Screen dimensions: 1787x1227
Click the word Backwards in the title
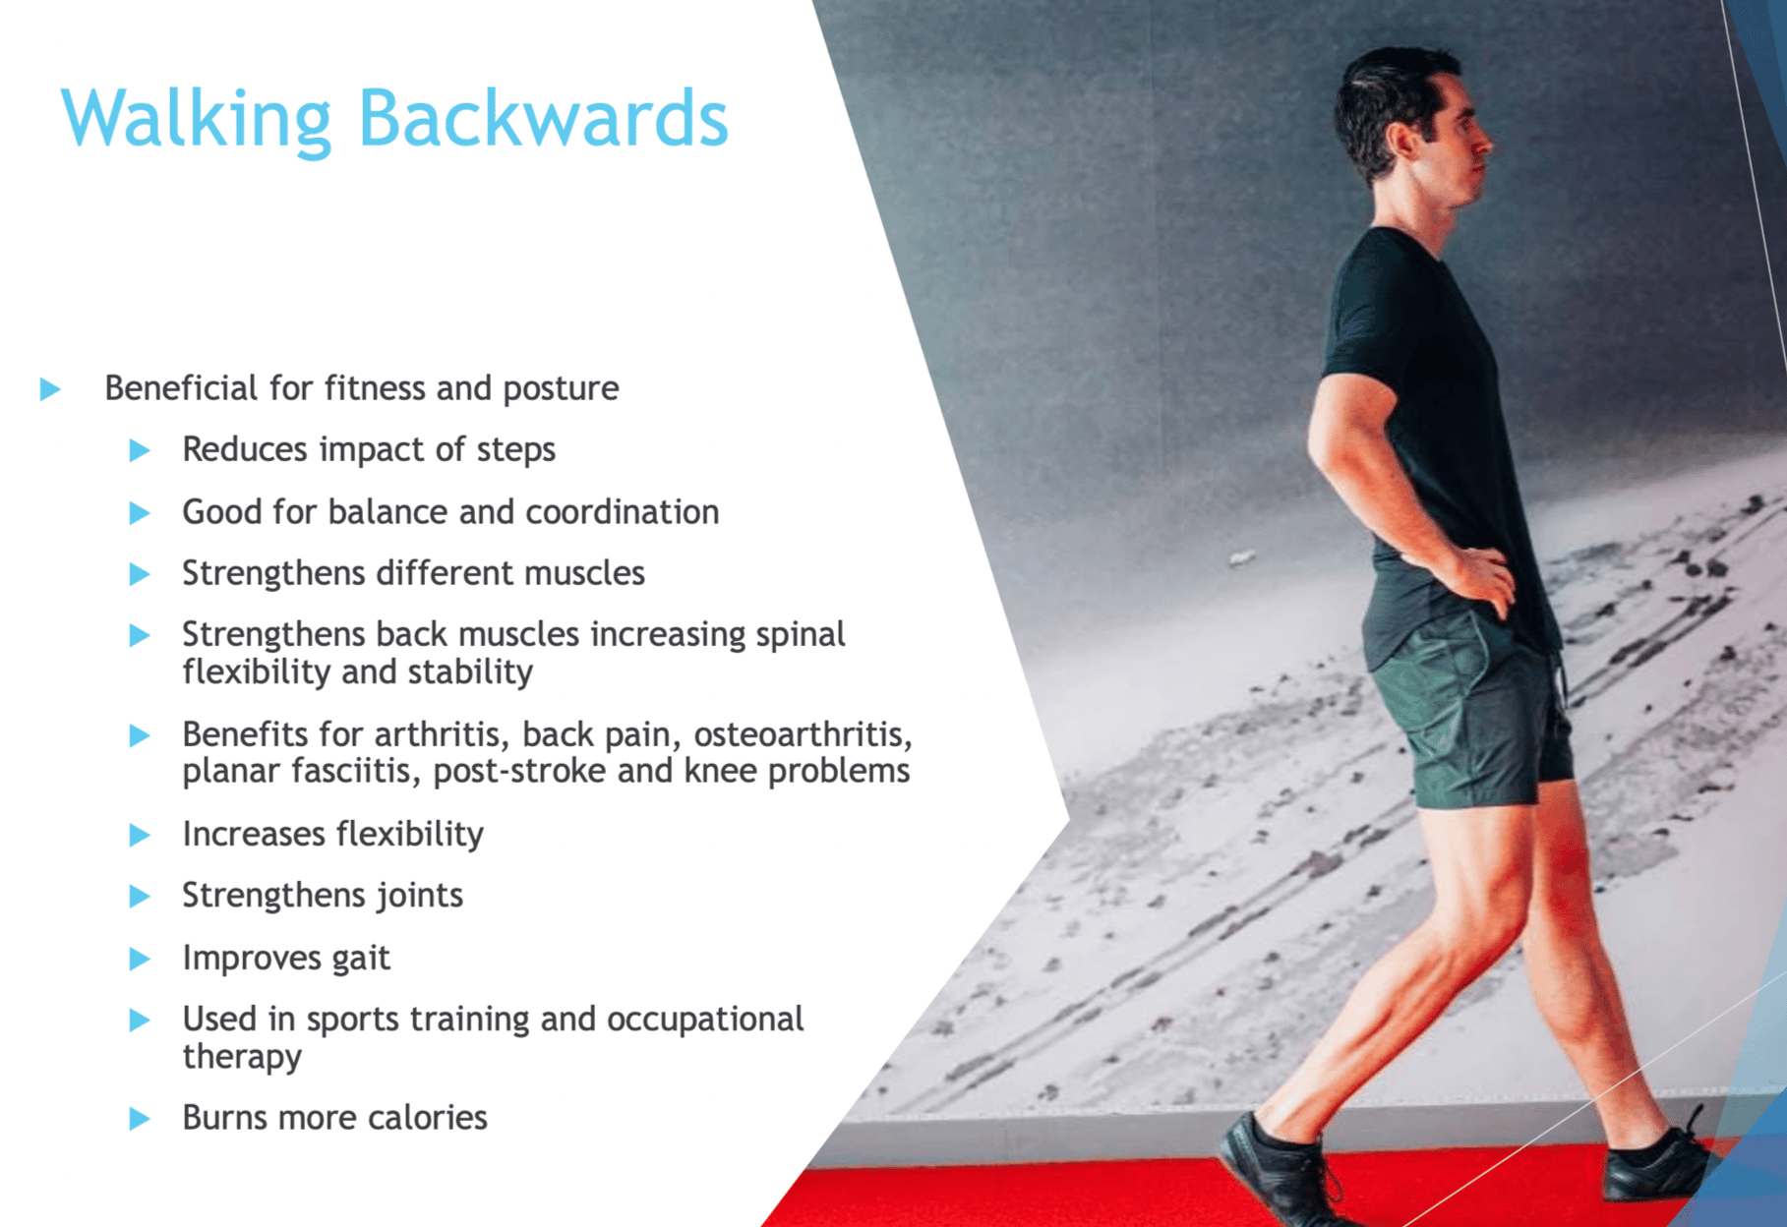543,118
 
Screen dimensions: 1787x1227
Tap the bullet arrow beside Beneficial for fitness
50,389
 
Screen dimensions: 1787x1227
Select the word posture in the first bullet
561,389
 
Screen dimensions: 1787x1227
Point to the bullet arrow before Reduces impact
140,451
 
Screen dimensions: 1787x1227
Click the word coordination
622,512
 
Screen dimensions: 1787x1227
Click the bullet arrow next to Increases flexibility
140,836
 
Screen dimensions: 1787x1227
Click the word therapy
242,1057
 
